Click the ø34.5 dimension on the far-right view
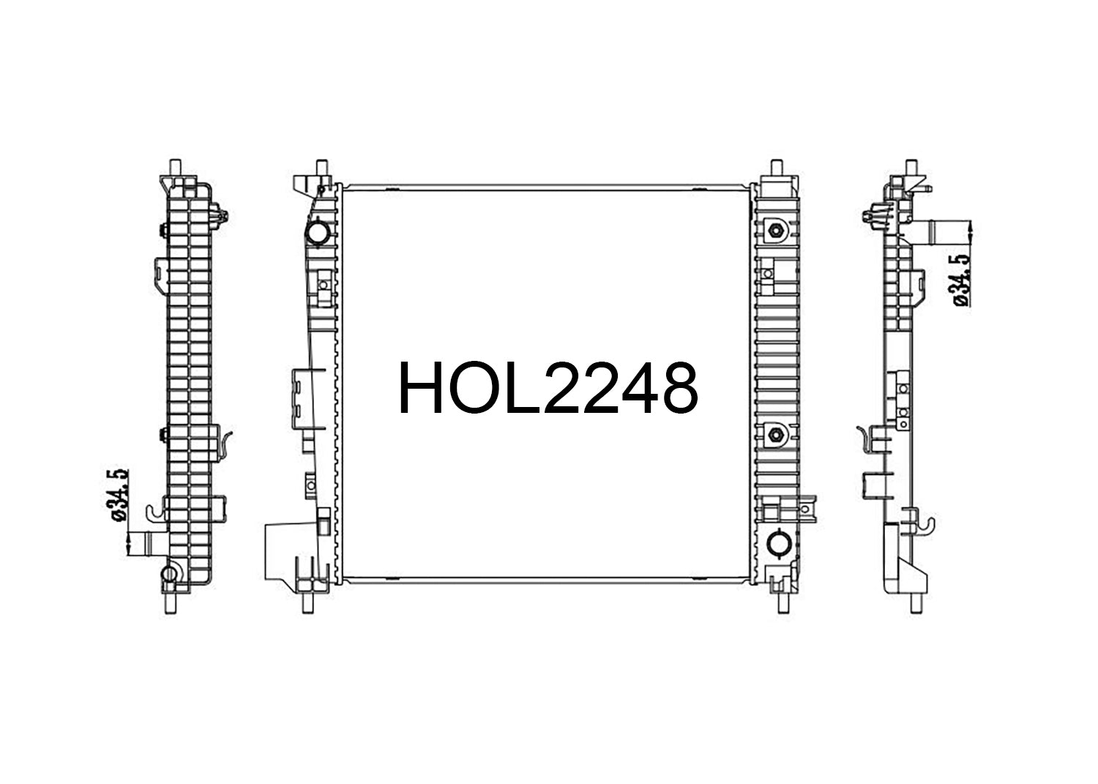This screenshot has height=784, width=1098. click(961, 280)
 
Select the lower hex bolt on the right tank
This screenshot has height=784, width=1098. click(775, 434)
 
